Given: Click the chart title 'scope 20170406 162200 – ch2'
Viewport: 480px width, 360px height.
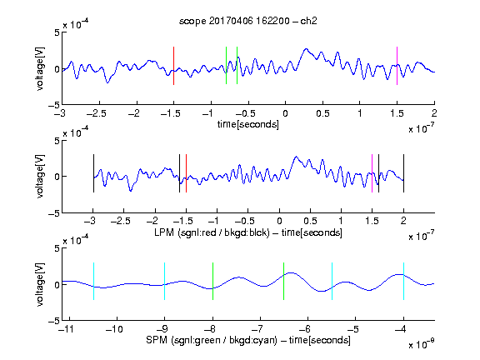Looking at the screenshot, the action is pyautogui.click(x=248, y=21).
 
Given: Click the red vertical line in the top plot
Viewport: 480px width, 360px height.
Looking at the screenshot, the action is pyautogui.click(x=173, y=66).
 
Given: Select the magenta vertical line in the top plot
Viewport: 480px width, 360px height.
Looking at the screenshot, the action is pyautogui.click(x=397, y=66).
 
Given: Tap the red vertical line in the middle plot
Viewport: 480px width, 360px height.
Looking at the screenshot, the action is pyautogui.click(x=186, y=173).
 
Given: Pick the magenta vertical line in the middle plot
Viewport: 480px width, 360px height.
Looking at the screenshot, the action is pyautogui.click(x=372, y=173).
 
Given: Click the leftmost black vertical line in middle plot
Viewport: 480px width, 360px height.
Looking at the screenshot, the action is pyautogui.click(x=93, y=173).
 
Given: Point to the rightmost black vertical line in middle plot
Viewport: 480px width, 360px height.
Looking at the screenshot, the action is pyautogui.click(x=403, y=173).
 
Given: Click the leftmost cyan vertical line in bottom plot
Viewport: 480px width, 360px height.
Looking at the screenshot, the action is pyautogui.click(x=93, y=281).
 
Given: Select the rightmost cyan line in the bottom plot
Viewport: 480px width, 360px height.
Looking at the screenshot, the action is pyautogui.click(x=403, y=281).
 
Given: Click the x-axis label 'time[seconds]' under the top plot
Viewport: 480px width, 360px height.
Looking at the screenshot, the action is pyautogui.click(x=248, y=124).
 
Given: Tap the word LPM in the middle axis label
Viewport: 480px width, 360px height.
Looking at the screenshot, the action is pyautogui.click(x=164, y=232).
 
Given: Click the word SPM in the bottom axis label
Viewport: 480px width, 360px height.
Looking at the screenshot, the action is pyautogui.click(x=157, y=340).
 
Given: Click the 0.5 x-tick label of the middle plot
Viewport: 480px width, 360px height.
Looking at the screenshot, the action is pyautogui.click(x=310, y=221).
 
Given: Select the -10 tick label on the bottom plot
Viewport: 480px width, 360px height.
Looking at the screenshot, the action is pyautogui.click(x=114, y=329).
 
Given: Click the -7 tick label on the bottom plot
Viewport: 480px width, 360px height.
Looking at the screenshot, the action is pyautogui.click(x=260, y=329).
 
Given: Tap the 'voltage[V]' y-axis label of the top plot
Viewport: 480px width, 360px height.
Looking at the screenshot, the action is pyautogui.click(x=40, y=68).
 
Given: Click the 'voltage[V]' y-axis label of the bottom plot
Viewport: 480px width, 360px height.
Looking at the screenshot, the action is pyautogui.click(x=40, y=284).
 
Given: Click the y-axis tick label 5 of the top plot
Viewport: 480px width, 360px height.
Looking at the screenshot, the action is pyautogui.click(x=57, y=32).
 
